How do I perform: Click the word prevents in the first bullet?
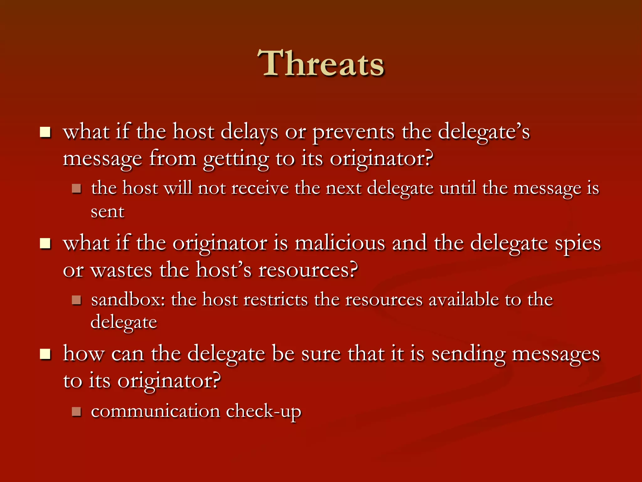pos(354,132)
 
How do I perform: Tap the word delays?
pos(249,132)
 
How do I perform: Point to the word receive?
pos(260,189)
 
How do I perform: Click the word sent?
pos(108,212)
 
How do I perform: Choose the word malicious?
pos(340,243)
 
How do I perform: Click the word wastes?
pos(121,270)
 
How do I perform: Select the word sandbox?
pos(128,299)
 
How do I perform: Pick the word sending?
pos(468,355)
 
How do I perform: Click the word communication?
pos(155,411)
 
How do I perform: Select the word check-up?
pos(263,412)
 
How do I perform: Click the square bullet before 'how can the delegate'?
pos(45,355)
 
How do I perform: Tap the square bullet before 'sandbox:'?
pos(76,300)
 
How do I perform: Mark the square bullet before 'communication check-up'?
pos(76,411)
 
